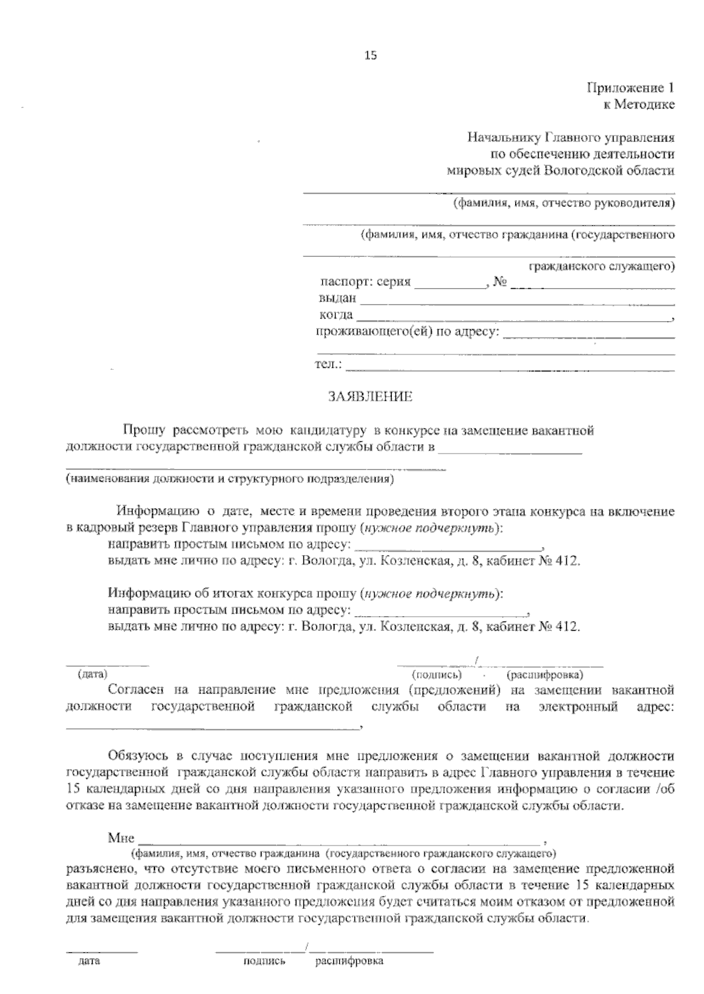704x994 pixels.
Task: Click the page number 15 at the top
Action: [x=370, y=56]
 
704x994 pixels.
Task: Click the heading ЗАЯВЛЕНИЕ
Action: [x=370, y=397]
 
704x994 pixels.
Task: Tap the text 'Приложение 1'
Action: [x=631, y=89]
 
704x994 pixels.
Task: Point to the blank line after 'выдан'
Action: [x=516, y=300]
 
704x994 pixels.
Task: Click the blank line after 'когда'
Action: [x=514, y=317]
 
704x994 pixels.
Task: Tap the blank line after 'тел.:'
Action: [x=510, y=367]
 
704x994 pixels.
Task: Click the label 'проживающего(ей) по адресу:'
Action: [x=408, y=332]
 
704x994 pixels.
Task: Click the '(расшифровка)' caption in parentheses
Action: [x=546, y=675]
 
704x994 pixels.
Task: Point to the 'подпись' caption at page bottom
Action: [x=264, y=961]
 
